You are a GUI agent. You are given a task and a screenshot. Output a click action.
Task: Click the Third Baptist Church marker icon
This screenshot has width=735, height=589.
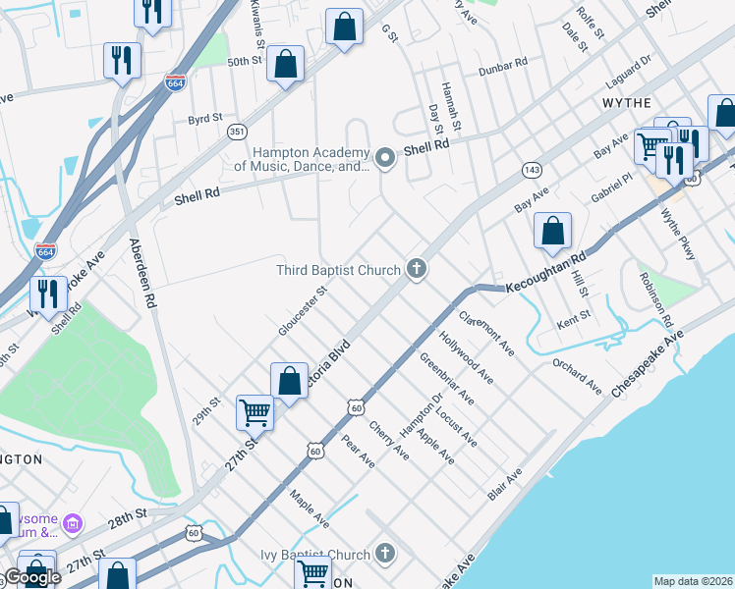(x=417, y=269)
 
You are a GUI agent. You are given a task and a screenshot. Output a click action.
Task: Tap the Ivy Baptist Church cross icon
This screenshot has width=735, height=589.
(x=385, y=555)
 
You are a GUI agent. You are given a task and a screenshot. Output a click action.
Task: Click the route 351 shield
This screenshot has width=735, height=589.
(x=236, y=131)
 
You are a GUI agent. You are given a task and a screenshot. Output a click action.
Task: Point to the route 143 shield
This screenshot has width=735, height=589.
(x=530, y=169)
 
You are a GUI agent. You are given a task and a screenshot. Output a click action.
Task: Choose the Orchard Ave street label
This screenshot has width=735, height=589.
(x=576, y=377)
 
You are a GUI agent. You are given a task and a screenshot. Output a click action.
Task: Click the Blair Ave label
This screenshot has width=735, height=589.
(x=505, y=484)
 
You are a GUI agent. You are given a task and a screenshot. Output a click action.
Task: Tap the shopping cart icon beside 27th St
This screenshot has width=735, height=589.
(x=255, y=413)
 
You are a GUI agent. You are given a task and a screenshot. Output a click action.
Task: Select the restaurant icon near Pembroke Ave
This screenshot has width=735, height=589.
(x=47, y=293)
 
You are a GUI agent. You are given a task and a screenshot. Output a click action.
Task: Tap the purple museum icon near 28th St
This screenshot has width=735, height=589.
(x=72, y=524)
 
